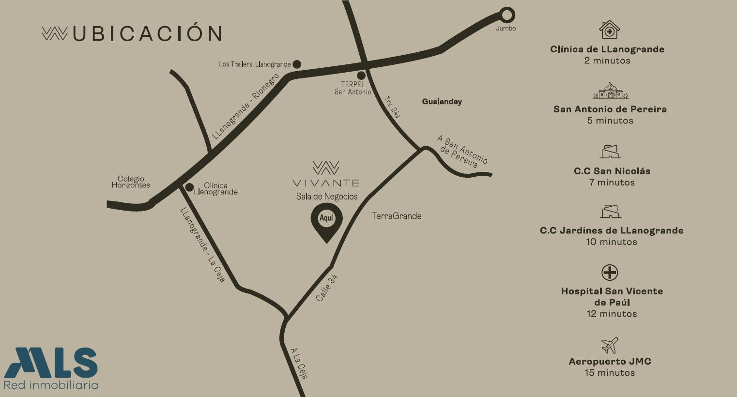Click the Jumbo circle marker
click(x=507, y=15)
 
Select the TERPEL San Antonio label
click(x=353, y=88)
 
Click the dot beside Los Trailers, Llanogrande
click(x=297, y=64)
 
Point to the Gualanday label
click(x=442, y=102)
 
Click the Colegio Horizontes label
click(x=131, y=182)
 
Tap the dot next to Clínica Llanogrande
click(x=190, y=187)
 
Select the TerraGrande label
click(x=397, y=216)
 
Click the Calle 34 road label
click(x=327, y=288)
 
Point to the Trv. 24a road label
click(x=393, y=107)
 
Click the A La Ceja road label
click(x=299, y=363)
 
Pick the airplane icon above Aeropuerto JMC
click(x=610, y=345)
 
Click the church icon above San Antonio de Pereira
click(x=610, y=91)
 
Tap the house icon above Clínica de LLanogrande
click(x=610, y=30)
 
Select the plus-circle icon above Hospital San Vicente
click(x=610, y=273)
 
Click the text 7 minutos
click(x=612, y=183)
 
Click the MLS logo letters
click(x=51, y=363)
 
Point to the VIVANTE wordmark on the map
click(x=326, y=183)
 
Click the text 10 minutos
click(x=612, y=242)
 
